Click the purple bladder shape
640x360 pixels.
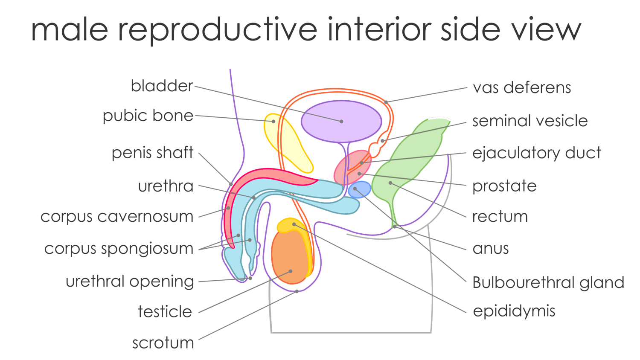[341, 122]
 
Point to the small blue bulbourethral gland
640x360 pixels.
[360, 189]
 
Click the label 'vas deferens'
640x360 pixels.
[522, 88]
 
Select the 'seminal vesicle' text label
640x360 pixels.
[530, 121]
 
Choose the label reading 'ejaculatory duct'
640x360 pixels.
[536, 153]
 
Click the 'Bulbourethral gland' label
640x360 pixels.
[548, 282]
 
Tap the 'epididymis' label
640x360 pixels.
[514, 311]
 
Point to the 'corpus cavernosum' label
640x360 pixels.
[116, 217]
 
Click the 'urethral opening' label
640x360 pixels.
[130, 282]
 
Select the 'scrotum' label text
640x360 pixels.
[163, 343]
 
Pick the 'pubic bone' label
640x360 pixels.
[148, 116]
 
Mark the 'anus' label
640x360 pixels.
[491, 248]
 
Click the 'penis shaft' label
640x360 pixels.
[152, 153]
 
